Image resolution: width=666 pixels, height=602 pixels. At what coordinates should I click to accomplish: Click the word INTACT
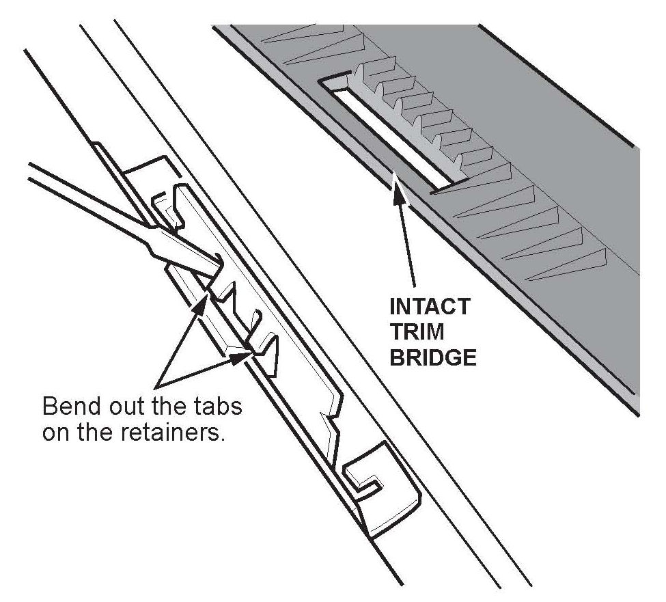click(x=430, y=306)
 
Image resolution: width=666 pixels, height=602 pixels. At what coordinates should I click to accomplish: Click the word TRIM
click(x=417, y=332)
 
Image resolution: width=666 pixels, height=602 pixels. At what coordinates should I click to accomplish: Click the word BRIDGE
click(x=433, y=358)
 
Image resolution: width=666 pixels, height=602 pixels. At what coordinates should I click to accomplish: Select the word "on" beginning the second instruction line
click(x=57, y=433)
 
